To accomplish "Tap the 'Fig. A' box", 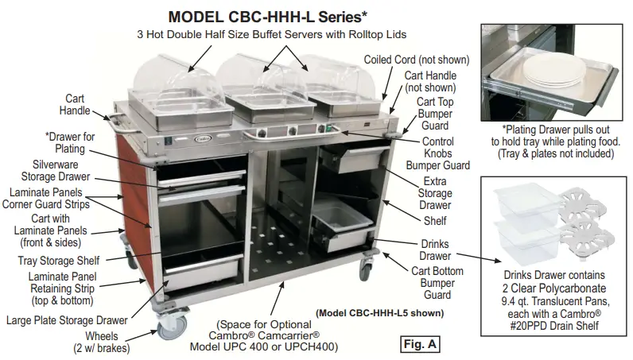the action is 417,344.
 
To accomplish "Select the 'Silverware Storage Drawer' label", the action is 61,171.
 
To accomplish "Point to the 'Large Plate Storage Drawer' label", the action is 68,320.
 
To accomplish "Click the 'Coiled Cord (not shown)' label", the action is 416,60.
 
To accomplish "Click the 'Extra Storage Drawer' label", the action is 434,194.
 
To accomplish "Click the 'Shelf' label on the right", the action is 435,221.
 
